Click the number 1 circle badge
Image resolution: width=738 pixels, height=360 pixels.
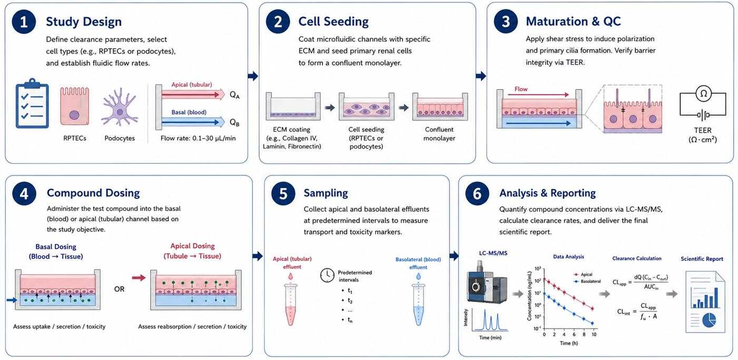(24, 22)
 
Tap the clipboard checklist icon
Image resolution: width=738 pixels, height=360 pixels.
(32, 103)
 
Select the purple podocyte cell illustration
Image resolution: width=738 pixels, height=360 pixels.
(120, 107)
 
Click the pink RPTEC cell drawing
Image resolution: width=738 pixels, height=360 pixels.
(74, 106)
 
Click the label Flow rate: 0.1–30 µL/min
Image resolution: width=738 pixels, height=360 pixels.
(198, 138)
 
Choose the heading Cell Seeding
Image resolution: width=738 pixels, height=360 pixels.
(333, 22)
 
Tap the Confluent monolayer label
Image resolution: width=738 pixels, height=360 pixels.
(439, 134)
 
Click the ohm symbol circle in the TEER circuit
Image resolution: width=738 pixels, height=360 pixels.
(703, 94)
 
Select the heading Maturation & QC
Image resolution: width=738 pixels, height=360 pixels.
(573, 22)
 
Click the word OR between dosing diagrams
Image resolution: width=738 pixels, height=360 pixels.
(119, 289)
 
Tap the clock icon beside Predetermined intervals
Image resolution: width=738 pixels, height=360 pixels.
(327, 275)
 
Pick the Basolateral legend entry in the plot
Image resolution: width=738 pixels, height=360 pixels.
(587, 281)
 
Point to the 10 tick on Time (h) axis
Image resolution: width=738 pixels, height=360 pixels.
(594, 334)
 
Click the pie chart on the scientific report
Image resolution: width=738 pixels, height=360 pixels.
(709, 319)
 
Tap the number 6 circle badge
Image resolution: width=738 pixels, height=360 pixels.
(477, 193)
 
